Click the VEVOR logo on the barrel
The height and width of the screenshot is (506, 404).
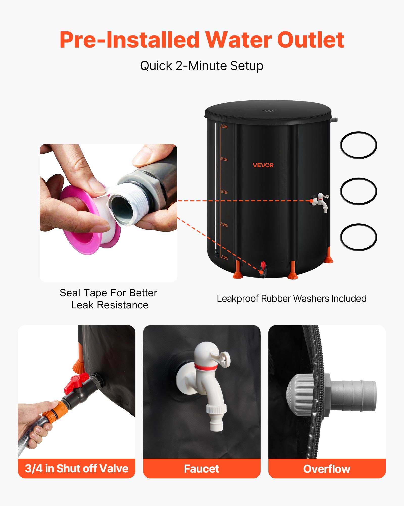[263, 165]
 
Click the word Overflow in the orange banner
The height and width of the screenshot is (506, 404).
[327, 469]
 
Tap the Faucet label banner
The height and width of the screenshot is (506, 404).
[201, 469]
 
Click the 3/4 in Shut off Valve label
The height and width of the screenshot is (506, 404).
[77, 469]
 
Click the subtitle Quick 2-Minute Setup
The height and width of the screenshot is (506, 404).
[201, 66]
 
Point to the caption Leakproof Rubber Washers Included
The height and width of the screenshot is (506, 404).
[291, 299]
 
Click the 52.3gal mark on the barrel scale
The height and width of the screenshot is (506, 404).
[224, 126]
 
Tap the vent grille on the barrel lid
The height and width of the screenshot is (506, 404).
[270, 111]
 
